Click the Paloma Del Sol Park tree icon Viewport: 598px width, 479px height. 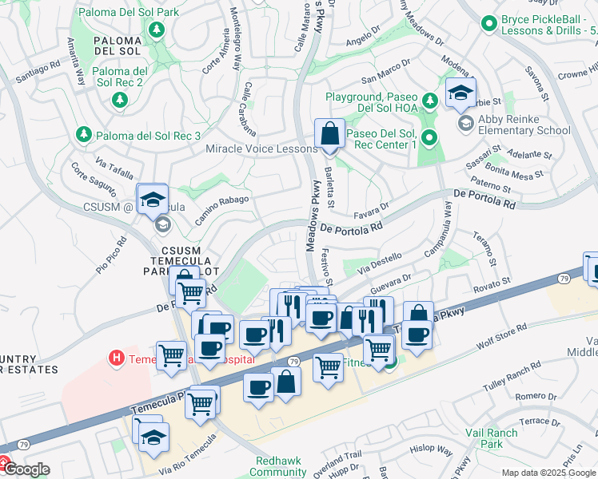tap(157, 30)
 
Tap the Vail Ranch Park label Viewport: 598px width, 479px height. tap(492, 438)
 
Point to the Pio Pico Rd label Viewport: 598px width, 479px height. tap(112, 250)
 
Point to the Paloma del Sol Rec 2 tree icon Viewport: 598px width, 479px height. tap(120, 99)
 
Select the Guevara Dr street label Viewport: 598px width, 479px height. tap(390, 284)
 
